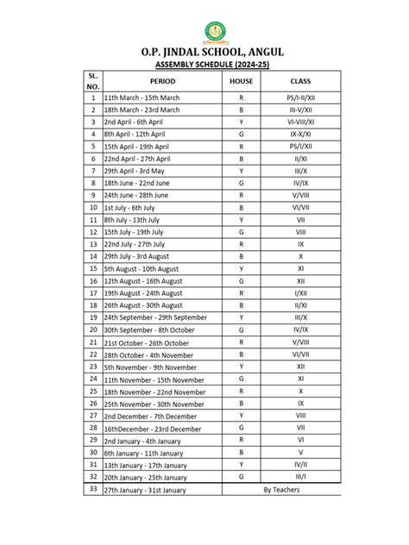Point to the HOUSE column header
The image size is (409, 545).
[242, 80]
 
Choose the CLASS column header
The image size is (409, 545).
[300, 80]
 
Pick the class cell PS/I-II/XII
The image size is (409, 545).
[300, 97]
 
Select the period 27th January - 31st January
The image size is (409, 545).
[144, 490]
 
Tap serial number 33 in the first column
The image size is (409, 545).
[92, 489]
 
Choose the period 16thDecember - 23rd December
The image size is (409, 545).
[152, 429]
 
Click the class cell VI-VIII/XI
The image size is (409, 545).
[300, 122]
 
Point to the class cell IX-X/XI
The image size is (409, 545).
[300, 134]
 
